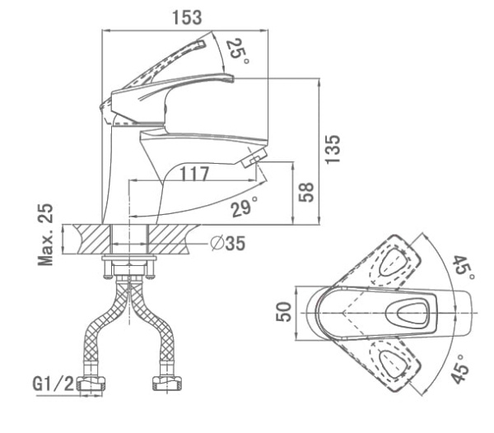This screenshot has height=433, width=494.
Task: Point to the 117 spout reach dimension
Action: click(x=193, y=174)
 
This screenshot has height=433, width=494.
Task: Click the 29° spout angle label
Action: click(x=245, y=207)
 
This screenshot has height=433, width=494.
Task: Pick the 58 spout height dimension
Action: click(x=305, y=193)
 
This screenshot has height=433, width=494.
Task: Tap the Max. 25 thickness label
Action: click(x=47, y=235)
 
